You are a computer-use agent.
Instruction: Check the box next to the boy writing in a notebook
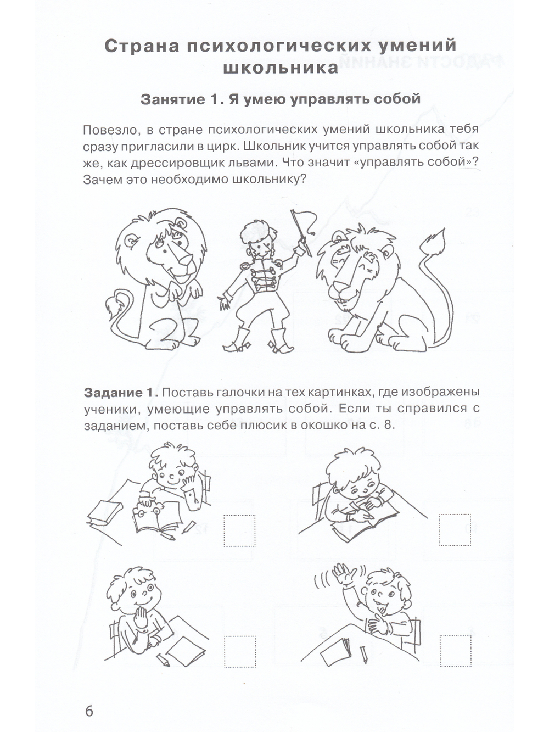pos(455,530)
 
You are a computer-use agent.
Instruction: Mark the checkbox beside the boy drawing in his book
pos(239,530)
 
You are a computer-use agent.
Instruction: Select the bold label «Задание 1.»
pos(121,393)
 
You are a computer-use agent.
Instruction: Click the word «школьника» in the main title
pos(281,68)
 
